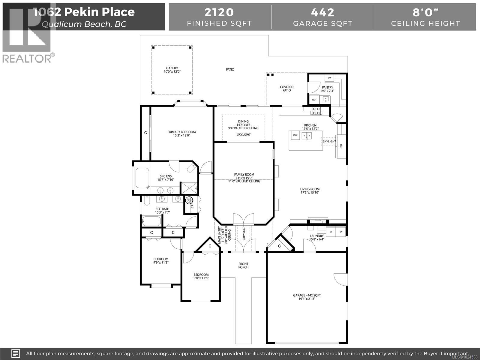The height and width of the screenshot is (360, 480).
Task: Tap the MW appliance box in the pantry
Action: pyautogui.click(x=329, y=78)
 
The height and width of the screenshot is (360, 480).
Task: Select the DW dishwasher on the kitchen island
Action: pyautogui.click(x=295, y=135)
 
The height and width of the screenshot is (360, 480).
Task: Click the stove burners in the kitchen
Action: pyautogui.click(x=316, y=111)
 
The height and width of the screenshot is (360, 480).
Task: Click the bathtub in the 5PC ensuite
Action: pyautogui.click(x=142, y=178)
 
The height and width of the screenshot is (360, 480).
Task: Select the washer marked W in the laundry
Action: pyautogui.click(x=331, y=232)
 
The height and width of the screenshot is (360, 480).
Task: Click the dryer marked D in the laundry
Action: pyautogui.click(x=341, y=232)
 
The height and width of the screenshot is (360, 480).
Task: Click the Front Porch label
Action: pyautogui.click(x=243, y=265)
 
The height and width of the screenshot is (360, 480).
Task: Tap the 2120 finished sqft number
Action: pyautogui.click(x=219, y=12)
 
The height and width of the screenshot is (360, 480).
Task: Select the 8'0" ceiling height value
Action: pyautogui.click(x=425, y=12)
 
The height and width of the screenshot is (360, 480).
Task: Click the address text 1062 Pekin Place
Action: pyautogui.click(x=84, y=12)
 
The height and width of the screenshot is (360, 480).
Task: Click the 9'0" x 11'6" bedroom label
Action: pyautogui.click(x=201, y=276)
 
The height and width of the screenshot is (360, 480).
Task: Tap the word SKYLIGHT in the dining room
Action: pyautogui.click(x=244, y=135)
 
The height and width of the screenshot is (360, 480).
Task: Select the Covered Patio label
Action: pyautogui.click(x=286, y=88)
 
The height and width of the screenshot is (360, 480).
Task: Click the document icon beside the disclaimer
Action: pyautogui.click(x=16, y=353)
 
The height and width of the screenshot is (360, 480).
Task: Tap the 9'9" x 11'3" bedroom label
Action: pyautogui.click(x=161, y=261)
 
